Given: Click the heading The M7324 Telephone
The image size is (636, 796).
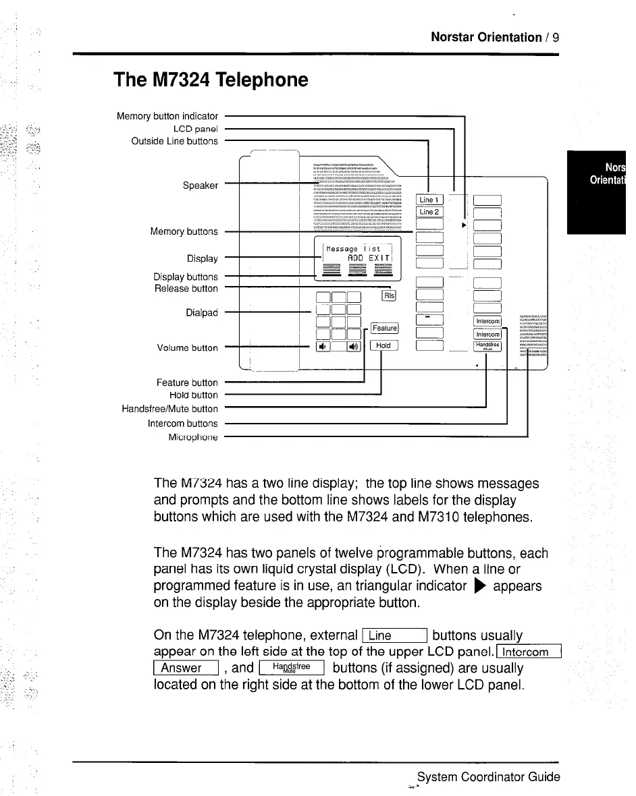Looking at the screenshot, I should [x=211, y=80].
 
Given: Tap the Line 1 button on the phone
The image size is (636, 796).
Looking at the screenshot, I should [x=429, y=200].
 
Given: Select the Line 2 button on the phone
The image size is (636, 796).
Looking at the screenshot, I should [x=429, y=212].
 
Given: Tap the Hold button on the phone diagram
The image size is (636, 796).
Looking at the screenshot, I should [x=383, y=345].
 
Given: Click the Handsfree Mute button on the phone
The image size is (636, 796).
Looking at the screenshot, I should [x=487, y=346].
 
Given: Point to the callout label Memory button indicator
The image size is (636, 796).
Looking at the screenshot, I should [x=167, y=116].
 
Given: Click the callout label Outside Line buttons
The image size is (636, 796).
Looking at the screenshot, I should [x=174, y=141].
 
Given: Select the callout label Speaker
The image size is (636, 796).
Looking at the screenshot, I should [x=201, y=186].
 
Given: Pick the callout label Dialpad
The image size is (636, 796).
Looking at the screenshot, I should [x=202, y=312].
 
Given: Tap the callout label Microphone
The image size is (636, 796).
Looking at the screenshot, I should [x=193, y=437].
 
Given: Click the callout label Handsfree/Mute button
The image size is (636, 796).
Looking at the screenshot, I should [x=169, y=409].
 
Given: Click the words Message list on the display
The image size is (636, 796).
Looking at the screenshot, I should [x=354, y=248].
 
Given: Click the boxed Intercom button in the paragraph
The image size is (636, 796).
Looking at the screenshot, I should [x=528, y=652].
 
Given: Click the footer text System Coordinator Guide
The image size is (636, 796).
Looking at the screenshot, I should [x=488, y=776].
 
